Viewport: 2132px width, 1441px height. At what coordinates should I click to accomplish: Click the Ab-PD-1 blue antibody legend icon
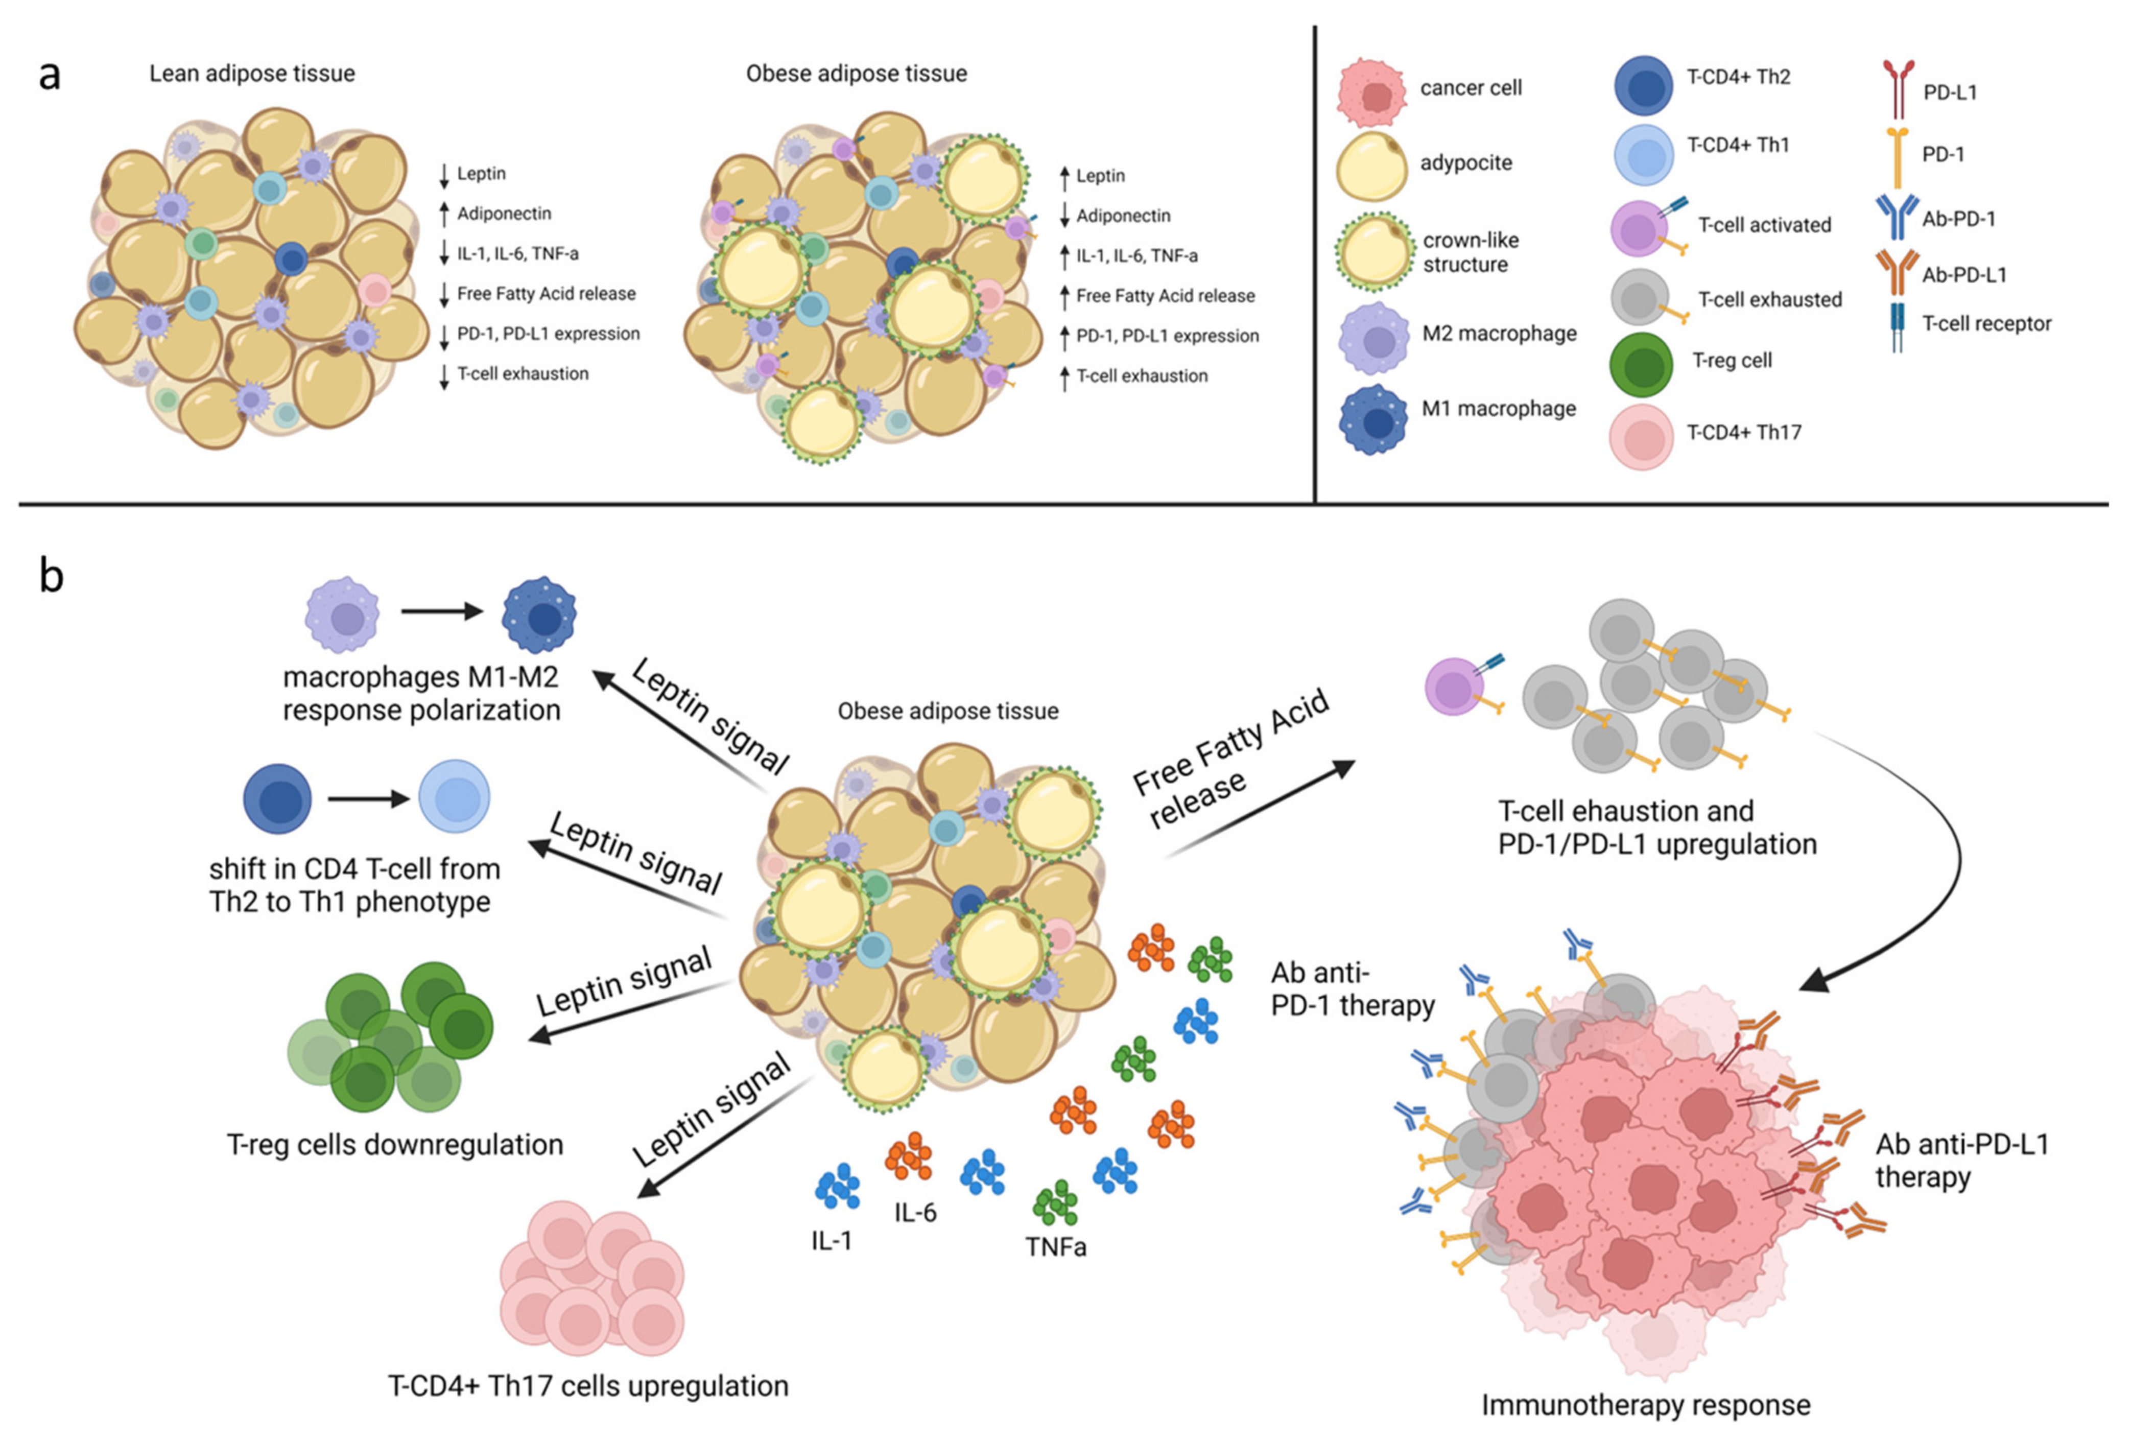tap(1896, 217)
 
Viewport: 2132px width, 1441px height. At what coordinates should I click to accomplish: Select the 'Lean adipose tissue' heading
tap(252, 74)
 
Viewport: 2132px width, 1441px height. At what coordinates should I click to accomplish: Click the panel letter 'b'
tap(52, 576)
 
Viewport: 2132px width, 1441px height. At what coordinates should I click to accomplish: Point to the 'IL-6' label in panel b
tap(915, 1213)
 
